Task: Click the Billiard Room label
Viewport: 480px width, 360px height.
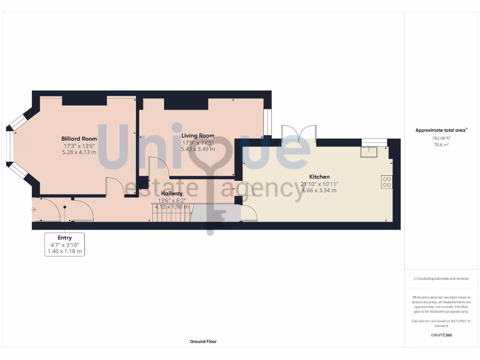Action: tap(79, 139)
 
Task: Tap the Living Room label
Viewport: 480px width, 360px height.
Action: tap(198, 136)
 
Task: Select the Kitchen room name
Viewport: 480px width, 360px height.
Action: tap(319, 177)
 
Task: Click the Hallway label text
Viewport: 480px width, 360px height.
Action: tap(172, 193)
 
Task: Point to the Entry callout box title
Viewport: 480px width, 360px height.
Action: tap(65, 238)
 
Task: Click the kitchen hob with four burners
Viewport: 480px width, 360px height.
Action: tap(387, 182)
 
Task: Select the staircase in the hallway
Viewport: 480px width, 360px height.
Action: tap(171, 213)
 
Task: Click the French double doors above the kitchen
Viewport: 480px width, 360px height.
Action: tap(299, 134)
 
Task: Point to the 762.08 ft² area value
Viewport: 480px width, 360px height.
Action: tap(441, 138)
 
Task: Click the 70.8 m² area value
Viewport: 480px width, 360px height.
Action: tap(441, 145)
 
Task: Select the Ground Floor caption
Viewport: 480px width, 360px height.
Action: tap(203, 342)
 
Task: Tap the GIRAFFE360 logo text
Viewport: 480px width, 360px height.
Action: tap(441, 335)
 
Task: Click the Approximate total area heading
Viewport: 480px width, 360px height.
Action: tap(441, 130)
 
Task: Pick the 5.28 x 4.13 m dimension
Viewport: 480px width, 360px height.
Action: tap(79, 152)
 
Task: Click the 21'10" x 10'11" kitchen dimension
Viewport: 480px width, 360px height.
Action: tap(319, 184)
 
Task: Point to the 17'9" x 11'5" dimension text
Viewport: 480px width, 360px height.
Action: tap(198, 143)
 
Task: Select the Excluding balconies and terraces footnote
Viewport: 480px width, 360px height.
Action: tap(441, 278)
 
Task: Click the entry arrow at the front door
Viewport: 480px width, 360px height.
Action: tap(34, 210)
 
